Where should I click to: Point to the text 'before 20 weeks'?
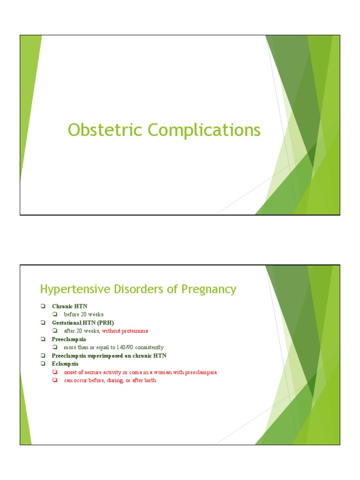click(83, 314)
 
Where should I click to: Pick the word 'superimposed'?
click(105, 356)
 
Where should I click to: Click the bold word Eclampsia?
click(65, 364)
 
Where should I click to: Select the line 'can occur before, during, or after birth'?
click(110, 380)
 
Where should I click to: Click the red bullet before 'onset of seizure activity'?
click(55, 372)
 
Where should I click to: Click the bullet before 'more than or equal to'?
click(55, 347)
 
